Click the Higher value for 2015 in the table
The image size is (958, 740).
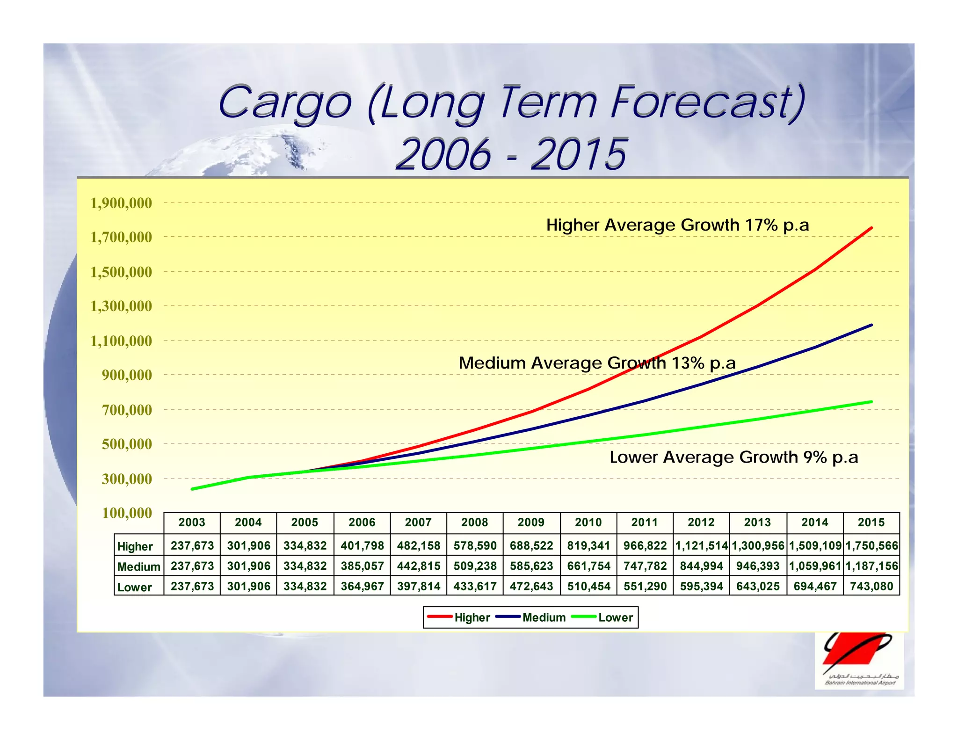[871, 545]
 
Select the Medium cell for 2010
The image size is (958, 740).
[588, 566]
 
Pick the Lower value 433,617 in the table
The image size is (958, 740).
[475, 586]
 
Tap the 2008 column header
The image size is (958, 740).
[475, 522]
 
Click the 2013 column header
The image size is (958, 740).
[757, 522]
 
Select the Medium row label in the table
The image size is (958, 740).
[138, 566]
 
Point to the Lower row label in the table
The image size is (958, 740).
[134, 587]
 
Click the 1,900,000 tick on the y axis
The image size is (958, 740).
[121, 203]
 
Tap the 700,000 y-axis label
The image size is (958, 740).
[127, 410]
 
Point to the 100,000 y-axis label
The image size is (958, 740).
[127, 513]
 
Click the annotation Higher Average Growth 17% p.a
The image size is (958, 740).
[677, 225]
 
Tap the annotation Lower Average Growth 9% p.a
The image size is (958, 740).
[733, 457]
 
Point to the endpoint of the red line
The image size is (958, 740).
[871, 228]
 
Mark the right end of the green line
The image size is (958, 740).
[871, 401]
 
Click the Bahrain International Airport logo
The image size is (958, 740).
[859, 660]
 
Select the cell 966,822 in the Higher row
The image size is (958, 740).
[645, 545]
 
